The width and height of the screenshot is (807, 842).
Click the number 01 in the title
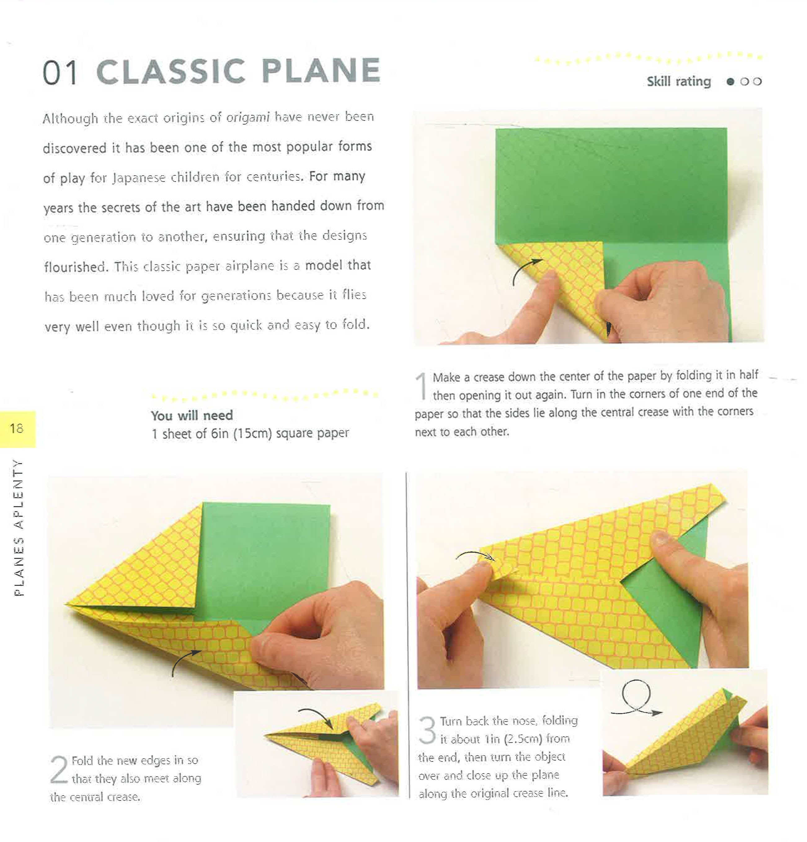(60, 72)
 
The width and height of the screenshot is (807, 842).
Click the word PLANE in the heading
(321, 71)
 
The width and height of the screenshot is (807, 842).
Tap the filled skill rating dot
(729, 81)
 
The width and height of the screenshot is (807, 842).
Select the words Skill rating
(678, 81)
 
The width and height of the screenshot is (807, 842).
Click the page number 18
(16, 428)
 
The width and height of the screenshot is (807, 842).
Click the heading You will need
(192, 415)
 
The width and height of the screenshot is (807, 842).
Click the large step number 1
(422, 385)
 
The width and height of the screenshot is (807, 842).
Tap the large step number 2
(59, 770)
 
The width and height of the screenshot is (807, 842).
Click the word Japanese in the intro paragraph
(139, 178)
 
